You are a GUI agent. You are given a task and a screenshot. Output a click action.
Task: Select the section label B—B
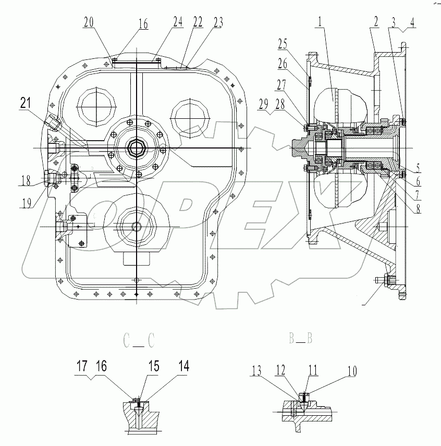[x=301, y=339]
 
